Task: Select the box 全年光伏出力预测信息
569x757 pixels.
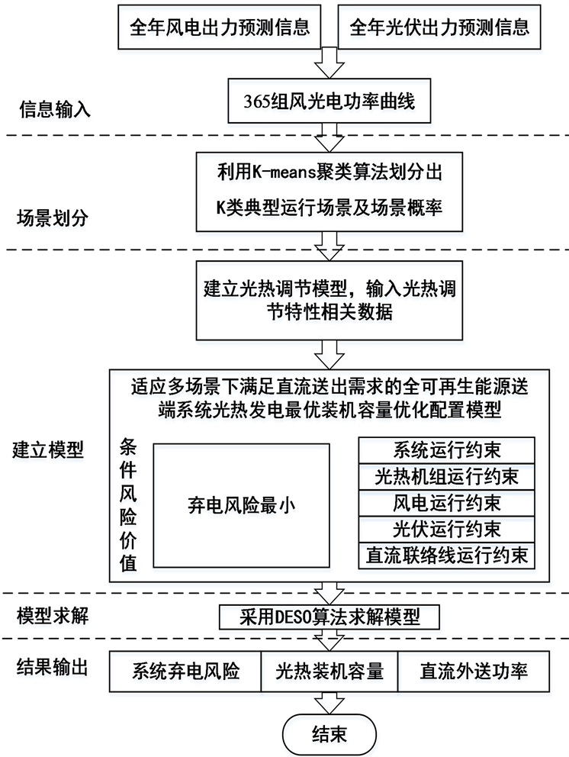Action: click(x=439, y=29)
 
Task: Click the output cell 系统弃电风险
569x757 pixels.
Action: click(x=186, y=672)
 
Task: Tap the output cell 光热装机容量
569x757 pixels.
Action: click(x=329, y=672)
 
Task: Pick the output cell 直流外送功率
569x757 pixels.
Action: click(x=473, y=672)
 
